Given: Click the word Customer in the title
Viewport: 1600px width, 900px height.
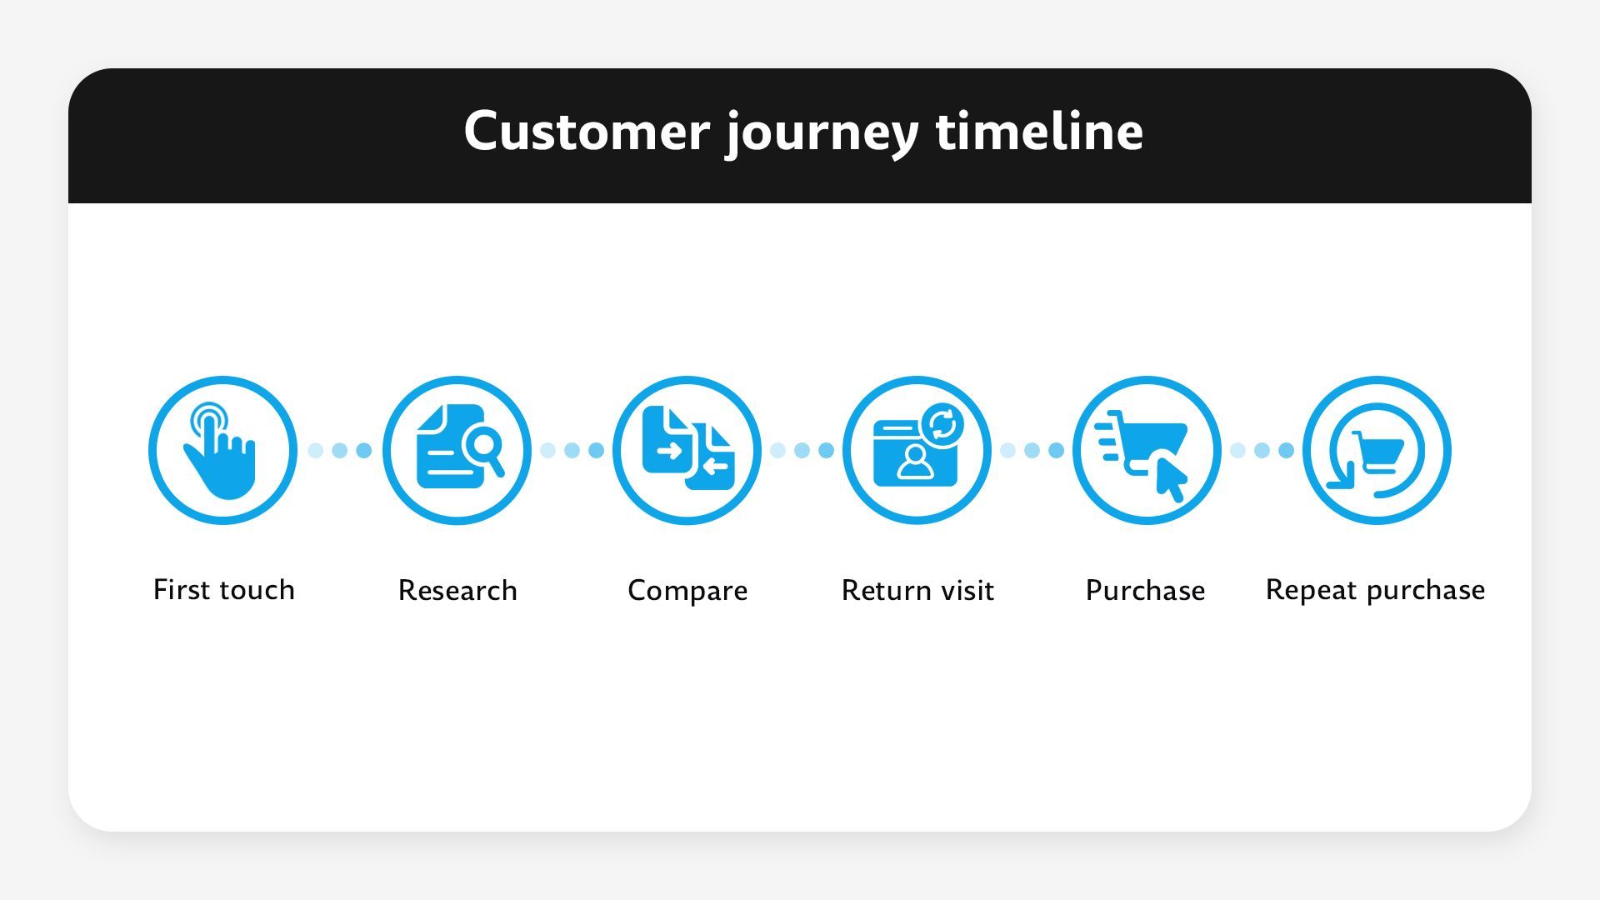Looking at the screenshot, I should (586, 132).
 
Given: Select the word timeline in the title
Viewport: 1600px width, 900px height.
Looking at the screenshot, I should (1039, 132).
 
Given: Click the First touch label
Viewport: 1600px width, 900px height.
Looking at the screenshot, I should (223, 590).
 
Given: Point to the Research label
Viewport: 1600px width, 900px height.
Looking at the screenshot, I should (457, 591).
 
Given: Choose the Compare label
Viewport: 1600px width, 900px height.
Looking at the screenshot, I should (687, 591).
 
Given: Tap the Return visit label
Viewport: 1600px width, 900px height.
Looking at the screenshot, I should (917, 591).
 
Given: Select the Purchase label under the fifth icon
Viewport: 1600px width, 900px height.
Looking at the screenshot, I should (1145, 591).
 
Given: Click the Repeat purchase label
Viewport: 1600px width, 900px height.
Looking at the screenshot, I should (1375, 590).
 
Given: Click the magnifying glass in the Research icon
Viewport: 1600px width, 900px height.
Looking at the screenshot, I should (484, 447).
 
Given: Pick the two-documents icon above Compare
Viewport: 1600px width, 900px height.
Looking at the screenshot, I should (687, 448).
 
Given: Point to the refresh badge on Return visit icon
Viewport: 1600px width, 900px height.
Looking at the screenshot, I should (942, 426).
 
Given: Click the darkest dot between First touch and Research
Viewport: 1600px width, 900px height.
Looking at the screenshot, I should (364, 451).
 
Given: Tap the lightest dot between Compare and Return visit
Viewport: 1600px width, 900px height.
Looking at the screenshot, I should (777, 451).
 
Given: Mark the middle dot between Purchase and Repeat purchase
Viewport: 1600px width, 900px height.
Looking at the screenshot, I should (1262, 451).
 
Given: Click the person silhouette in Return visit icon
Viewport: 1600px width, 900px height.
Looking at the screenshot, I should (915, 462).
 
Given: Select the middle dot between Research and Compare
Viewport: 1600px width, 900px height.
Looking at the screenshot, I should (572, 451).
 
